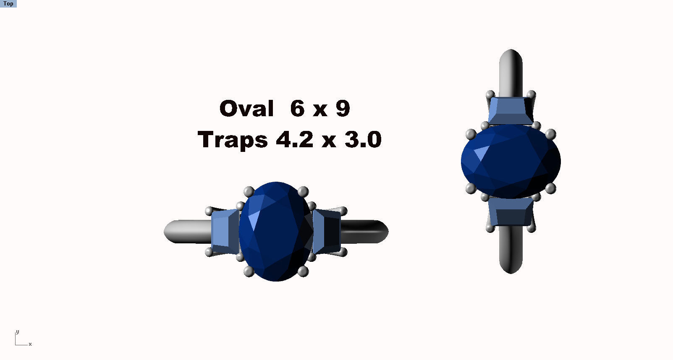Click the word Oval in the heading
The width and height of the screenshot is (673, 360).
point(246,109)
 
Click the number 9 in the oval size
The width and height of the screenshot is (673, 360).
point(343,108)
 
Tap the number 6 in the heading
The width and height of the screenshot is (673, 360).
point(297,108)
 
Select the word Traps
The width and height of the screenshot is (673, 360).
point(232,140)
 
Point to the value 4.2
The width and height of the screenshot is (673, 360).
point(294,139)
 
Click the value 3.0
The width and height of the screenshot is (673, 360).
point(363,139)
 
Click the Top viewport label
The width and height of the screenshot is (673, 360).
point(8,3)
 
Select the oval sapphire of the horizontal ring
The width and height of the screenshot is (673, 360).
point(276,231)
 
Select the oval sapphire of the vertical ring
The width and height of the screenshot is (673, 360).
point(511,162)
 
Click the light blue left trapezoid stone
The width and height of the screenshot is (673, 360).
point(225,231)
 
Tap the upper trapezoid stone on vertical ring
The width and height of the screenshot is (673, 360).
point(511,110)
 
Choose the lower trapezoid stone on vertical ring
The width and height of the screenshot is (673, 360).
point(511,213)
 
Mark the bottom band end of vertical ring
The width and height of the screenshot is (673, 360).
point(511,252)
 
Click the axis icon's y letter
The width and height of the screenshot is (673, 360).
point(17,332)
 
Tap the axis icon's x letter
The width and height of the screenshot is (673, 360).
point(30,344)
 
